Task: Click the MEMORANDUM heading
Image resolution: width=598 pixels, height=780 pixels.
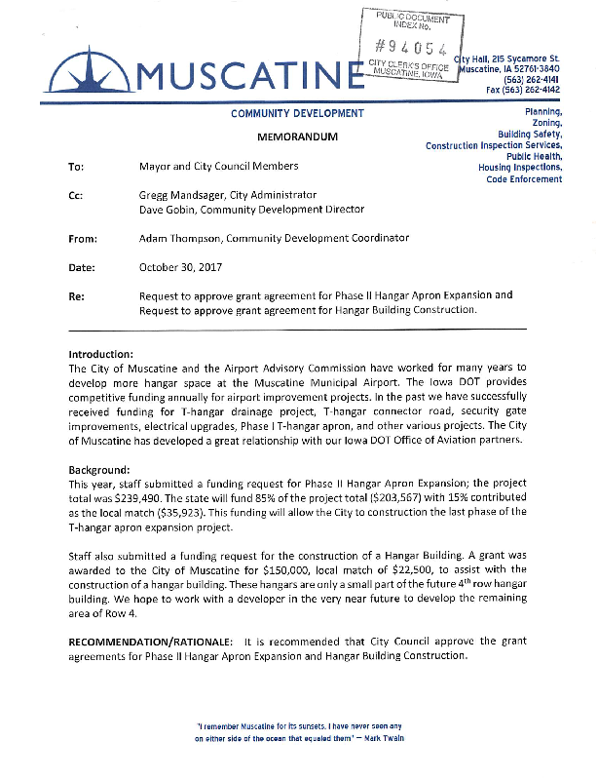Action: (x=297, y=136)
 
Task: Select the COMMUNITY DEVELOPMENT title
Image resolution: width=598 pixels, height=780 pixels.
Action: (x=297, y=114)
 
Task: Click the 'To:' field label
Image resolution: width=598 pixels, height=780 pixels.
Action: (x=76, y=167)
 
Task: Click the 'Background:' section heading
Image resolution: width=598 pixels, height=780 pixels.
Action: (x=101, y=470)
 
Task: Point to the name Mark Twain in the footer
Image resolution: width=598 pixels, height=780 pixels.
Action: (x=382, y=738)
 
